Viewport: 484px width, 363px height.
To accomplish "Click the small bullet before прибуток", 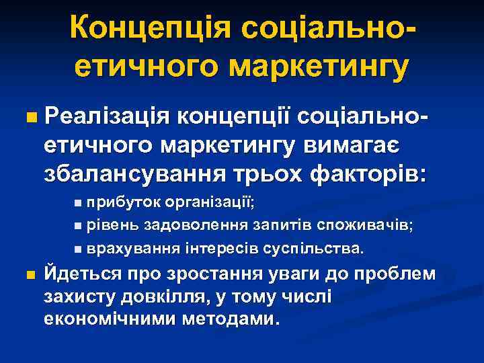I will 79,202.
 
